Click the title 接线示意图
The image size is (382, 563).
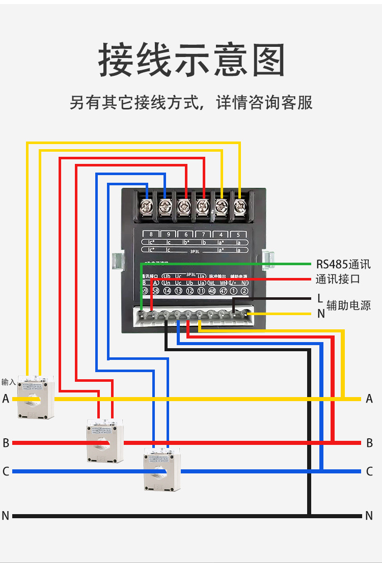point(191,60)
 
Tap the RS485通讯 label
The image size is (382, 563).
point(343,264)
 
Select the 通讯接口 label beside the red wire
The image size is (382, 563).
point(338,279)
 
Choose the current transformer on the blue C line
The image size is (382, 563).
point(162,469)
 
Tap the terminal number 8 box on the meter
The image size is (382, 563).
point(151,235)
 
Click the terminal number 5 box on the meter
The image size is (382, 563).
point(238,235)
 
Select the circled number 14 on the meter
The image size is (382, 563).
point(167,291)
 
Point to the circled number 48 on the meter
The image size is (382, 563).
point(211,291)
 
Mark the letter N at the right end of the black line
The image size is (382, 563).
point(369,516)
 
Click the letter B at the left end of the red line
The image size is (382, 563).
point(6,443)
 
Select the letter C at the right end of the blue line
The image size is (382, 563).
point(369,471)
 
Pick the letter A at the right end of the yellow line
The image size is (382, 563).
point(369,399)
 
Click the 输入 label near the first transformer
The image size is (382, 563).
point(8,382)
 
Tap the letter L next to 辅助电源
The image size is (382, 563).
point(320,298)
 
